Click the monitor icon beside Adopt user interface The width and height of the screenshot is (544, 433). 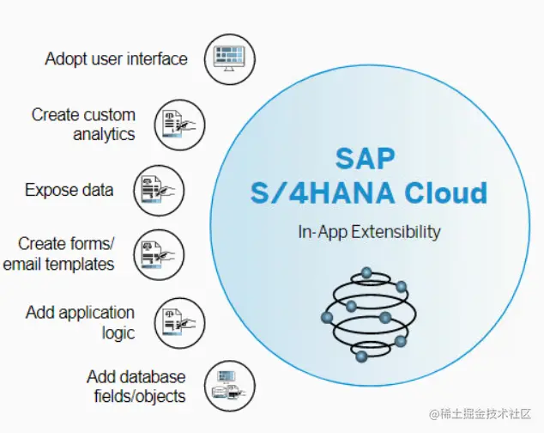pos(230,59)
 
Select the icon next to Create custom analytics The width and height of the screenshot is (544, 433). pos(179,125)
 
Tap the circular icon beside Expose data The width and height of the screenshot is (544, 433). pos(160,191)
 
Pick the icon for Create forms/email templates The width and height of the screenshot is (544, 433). pos(160,254)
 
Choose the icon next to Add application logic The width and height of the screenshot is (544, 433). pos(179,323)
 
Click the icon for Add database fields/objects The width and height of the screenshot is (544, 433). pos(230,386)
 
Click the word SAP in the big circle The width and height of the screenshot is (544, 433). pos(366,158)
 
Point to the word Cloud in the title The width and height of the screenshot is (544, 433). pos(446,192)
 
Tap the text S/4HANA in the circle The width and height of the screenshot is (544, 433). pos(323,192)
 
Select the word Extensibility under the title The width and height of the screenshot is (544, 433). pos(396,232)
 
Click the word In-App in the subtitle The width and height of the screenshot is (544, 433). pos(323,232)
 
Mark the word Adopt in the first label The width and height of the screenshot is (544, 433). pos(66,59)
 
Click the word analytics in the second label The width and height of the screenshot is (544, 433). pos(104,135)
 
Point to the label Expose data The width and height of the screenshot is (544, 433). pos(69,190)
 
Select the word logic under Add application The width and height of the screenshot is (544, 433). pos(118,333)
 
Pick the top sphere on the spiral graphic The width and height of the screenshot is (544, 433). pos(366,273)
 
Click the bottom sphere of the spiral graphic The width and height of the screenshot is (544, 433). pos(361,357)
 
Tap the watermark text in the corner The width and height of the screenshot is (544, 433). pos(481,414)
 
